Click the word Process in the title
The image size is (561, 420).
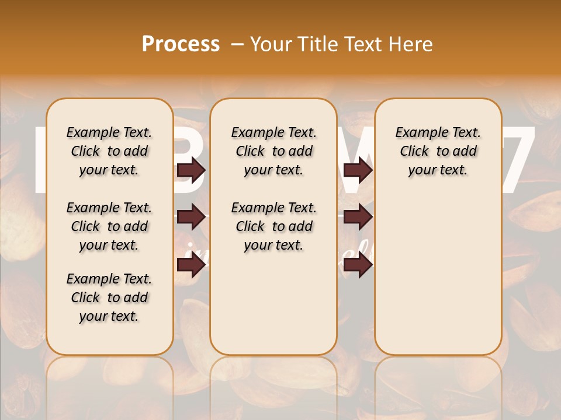point(181,44)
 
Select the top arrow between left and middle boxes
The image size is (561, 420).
point(191,170)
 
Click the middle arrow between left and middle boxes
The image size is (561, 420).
point(191,218)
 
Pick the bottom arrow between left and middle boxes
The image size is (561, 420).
point(191,265)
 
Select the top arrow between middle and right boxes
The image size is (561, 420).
point(358,170)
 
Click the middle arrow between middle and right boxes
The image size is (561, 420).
point(358,218)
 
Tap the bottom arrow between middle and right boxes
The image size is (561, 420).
point(358,265)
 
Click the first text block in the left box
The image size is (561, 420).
point(109,151)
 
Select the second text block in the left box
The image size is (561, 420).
point(109,226)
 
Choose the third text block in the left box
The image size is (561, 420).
point(109,297)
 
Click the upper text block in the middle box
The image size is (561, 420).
point(273,151)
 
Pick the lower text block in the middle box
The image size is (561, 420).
point(273,226)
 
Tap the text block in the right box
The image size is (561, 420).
point(438,151)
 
